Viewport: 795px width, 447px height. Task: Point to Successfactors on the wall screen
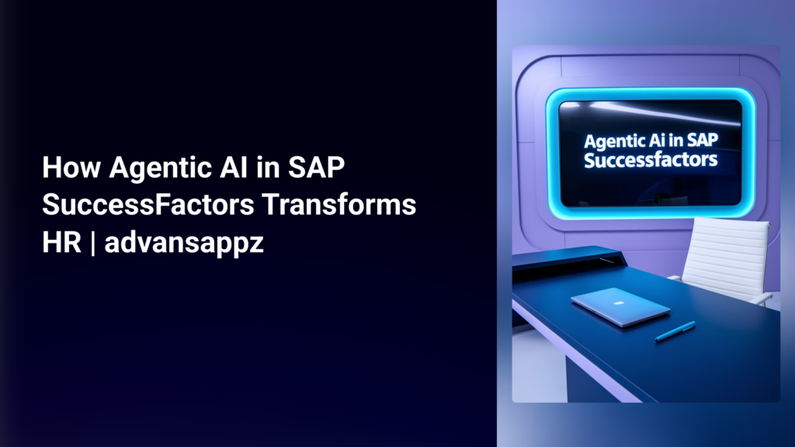[651, 162]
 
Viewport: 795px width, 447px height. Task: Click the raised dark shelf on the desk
[567, 257]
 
